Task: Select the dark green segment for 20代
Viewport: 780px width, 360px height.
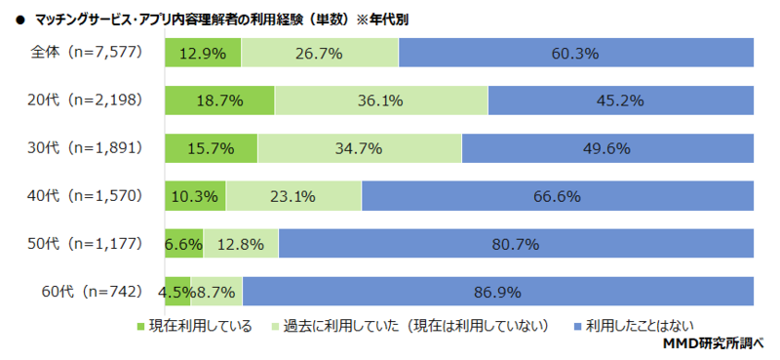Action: [219, 100]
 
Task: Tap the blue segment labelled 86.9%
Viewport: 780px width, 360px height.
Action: [498, 291]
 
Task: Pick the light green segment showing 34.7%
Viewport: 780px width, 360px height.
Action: [360, 148]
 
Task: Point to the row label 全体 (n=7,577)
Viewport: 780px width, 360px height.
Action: [84, 54]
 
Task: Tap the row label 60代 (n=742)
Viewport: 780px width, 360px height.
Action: [92, 291]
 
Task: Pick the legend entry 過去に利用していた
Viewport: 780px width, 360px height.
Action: [415, 325]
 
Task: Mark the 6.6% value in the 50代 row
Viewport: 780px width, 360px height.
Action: [183, 244]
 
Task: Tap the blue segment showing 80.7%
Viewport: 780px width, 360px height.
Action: [516, 244]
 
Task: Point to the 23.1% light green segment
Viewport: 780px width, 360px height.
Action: [293, 196]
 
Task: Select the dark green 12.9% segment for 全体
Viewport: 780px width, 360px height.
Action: [204, 54]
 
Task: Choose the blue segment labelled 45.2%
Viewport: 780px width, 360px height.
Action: [621, 100]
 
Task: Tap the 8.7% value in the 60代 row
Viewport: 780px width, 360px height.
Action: [215, 291]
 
